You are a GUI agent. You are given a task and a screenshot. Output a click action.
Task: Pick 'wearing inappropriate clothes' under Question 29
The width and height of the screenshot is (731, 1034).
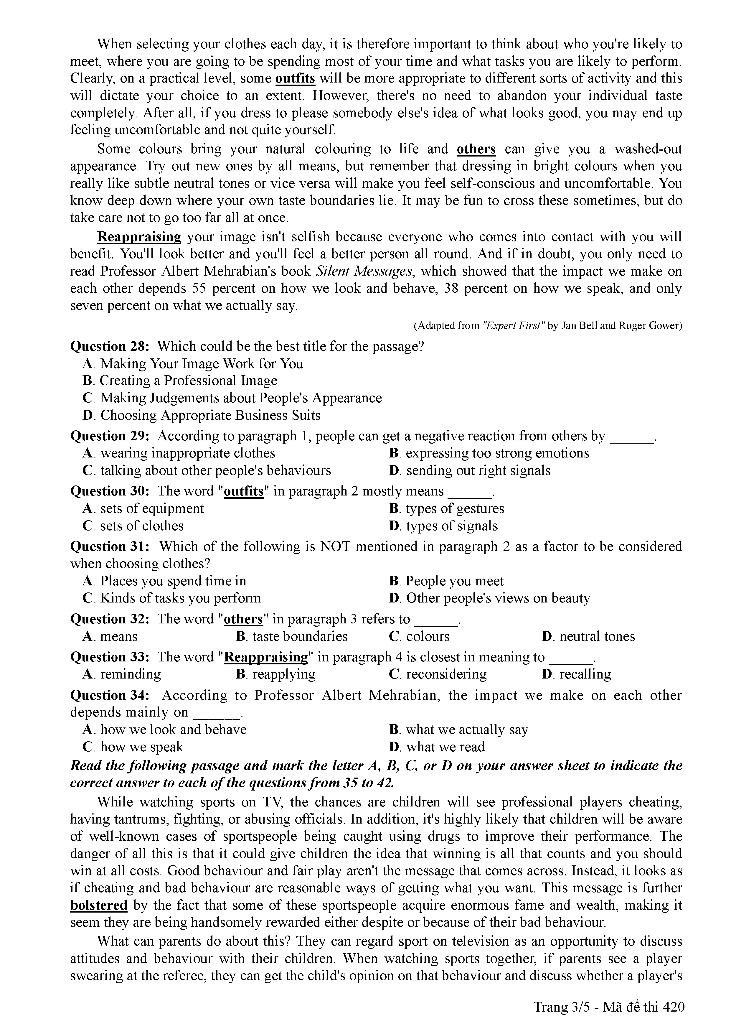[x=187, y=453]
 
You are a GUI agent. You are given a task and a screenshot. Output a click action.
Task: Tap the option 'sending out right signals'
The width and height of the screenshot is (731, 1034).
[x=478, y=471]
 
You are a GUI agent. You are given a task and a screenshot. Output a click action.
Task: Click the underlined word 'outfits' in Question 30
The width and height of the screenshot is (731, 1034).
[x=243, y=491]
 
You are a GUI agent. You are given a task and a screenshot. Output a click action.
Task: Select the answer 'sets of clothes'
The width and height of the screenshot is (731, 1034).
[x=141, y=526]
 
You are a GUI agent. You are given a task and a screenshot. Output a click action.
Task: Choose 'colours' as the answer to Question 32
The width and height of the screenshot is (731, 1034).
[x=427, y=637]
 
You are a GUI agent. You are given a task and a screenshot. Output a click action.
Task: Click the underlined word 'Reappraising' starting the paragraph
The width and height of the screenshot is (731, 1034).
[x=139, y=237]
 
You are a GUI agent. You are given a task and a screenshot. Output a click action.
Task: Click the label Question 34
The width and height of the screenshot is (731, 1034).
[x=109, y=695]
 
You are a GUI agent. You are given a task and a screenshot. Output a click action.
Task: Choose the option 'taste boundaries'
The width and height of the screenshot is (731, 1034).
[x=299, y=637]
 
